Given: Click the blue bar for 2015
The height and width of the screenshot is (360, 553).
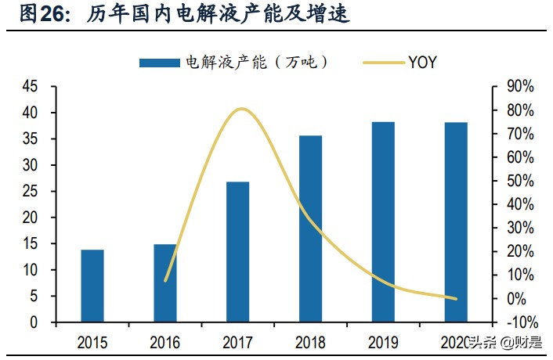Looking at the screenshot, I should pyautogui.click(x=92, y=286).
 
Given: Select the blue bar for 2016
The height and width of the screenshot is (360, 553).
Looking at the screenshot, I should pyautogui.click(x=164, y=283).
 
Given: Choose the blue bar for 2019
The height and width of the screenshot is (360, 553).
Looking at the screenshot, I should pyautogui.click(x=383, y=221).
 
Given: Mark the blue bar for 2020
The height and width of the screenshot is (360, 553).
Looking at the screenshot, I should pyautogui.click(x=456, y=222).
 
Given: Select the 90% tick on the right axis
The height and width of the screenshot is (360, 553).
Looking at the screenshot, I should pyautogui.click(x=520, y=87).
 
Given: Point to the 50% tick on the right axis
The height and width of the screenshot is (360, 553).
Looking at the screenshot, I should pyautogui.click(x=520, y=181).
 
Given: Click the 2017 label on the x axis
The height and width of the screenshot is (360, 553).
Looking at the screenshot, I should pyautogui.click(x=237, y=343).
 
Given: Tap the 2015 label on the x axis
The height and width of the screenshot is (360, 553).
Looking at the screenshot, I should pyautogui.click(x=92, y=343).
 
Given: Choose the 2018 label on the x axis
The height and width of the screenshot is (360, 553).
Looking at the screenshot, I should pyautogui.click(x=310, y=343).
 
